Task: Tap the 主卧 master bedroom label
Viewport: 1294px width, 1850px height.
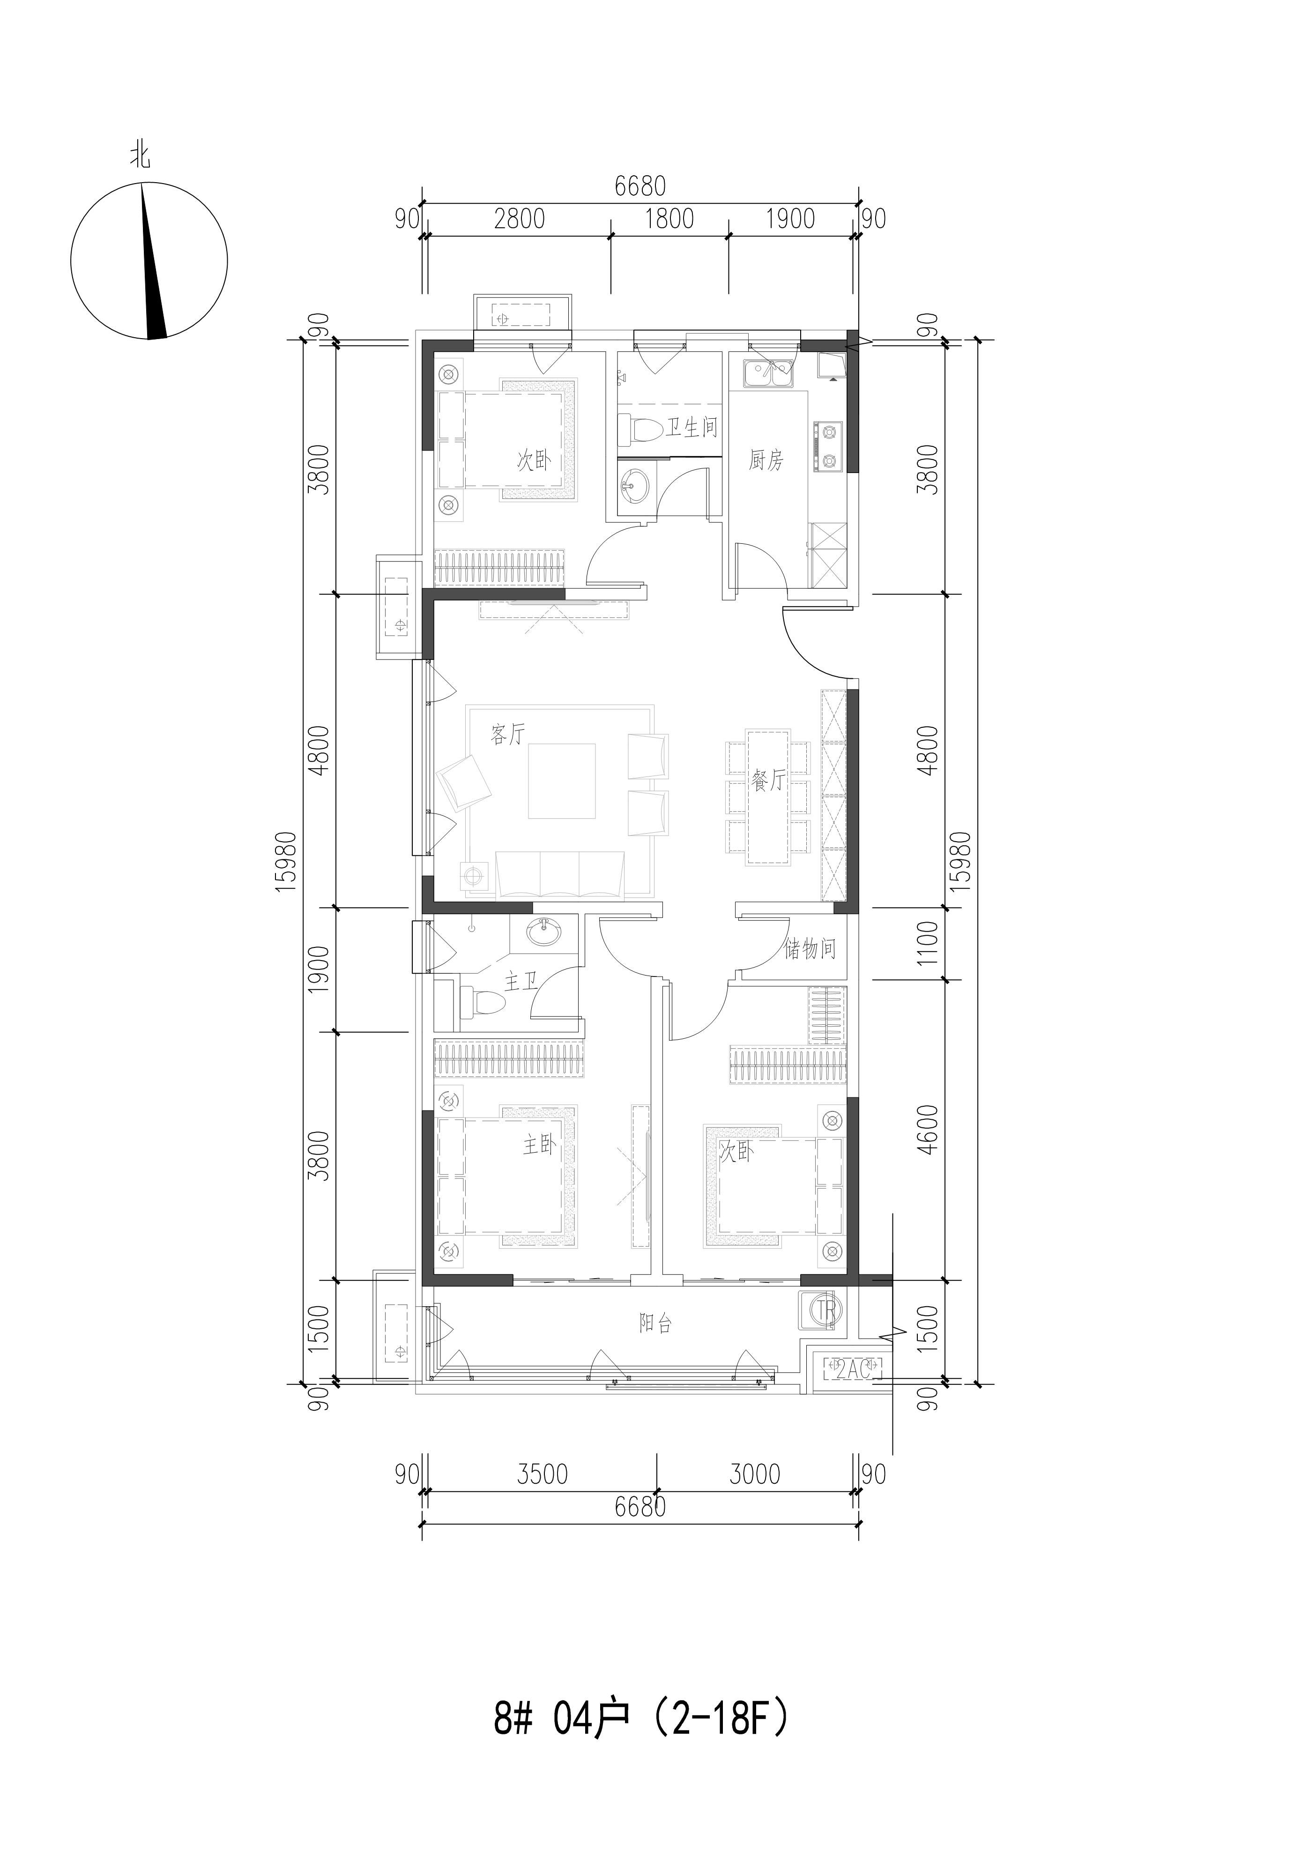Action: point(539,1145)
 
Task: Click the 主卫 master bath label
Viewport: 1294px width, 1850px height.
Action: point(521,982)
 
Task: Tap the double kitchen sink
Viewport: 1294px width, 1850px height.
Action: point(769,373)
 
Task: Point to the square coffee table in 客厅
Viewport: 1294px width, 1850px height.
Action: point(562,780)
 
